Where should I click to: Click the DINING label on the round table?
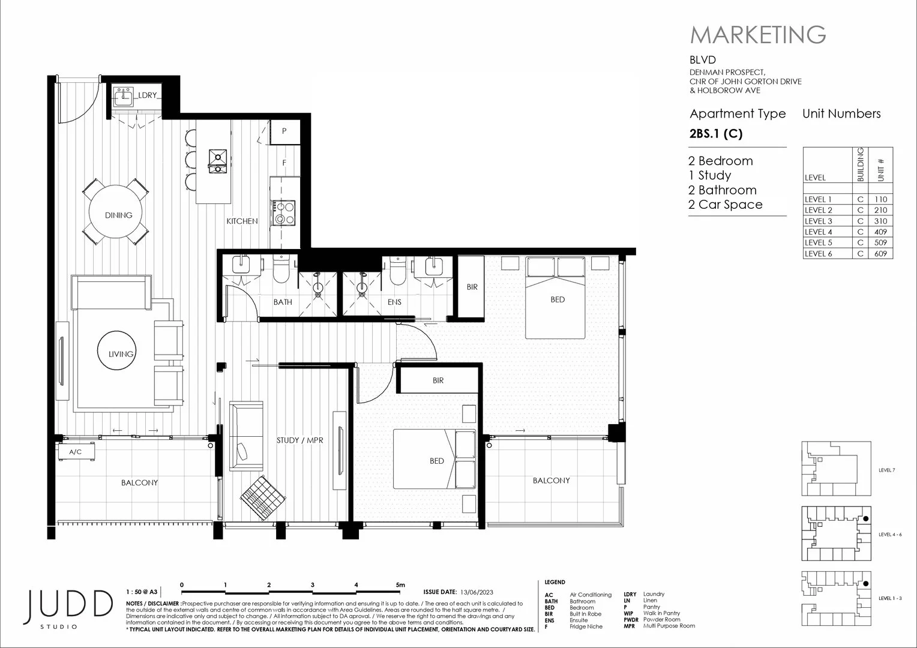[118, 215]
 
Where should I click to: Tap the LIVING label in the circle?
[121, 354]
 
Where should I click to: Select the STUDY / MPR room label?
[299, 440]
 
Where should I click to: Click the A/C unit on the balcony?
[76, 452]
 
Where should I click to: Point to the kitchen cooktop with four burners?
[284, 212]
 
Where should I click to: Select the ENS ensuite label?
[394, 302]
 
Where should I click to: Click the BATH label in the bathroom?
[283, 302]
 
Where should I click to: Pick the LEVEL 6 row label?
[819, 253]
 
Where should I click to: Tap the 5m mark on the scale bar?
[400, 585]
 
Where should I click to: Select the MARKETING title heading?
[758, 35]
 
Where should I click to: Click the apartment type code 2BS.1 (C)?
[716, 134]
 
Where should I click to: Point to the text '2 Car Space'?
[726, 205]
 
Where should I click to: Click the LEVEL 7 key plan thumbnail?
[835, 469]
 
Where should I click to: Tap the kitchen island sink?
[217, 159]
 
